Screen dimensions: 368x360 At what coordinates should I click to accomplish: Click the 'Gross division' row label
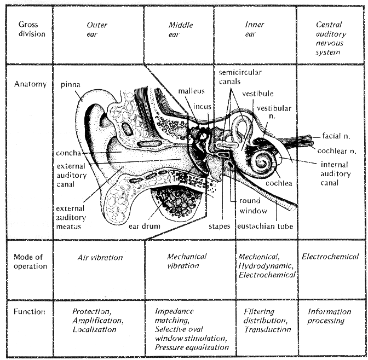pyautogui.click(x=32, y=29)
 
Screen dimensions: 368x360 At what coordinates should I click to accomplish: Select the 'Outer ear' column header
pyautogui.click(x=97, y=30)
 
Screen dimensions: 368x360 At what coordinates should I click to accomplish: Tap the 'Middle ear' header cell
pyautogui.click(x=181, y=30)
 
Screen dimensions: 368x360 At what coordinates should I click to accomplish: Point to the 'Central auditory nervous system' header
pyautogui.click(x=331, y=38)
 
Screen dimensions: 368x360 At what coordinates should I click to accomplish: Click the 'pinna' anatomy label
pyautogui.click(x=71, y=84)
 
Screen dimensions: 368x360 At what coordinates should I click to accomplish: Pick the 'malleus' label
pyautogui.click(x=191, y=91)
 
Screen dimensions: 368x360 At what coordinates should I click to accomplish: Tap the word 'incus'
pyautogui.click(x=202, y=107)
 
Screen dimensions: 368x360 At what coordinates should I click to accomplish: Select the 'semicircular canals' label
pyautogui.click(x=240, y=77)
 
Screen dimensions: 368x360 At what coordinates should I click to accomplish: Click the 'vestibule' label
pyautogui.click(x=258, y=94)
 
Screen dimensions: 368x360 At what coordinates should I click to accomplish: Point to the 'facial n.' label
pyautogui.click(x=336, y=136)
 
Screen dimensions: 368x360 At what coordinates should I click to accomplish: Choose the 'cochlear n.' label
pyautogui.click(x=337, y=151)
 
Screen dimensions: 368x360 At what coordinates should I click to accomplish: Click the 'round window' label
pyautogui.click(x=253, y=206)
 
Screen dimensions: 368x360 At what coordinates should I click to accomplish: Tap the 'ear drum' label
pyautogui.click(x=145, y=226)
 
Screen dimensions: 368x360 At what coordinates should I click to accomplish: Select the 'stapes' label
pyautogui.click(x=220, y=227)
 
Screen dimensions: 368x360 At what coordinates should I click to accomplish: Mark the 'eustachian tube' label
pyautogui.click(x=265, y=226)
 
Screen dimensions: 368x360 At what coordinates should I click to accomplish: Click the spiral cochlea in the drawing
pyautogui.click(x=264, y=162)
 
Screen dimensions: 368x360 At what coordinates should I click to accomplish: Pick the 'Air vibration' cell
pyautogui.click(x=100, y=258)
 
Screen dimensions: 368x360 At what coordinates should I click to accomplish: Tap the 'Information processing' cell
pyautogui.click(x=329, y=316)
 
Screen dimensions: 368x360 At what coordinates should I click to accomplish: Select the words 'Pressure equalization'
pyautogui.click(x=192, y=347)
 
